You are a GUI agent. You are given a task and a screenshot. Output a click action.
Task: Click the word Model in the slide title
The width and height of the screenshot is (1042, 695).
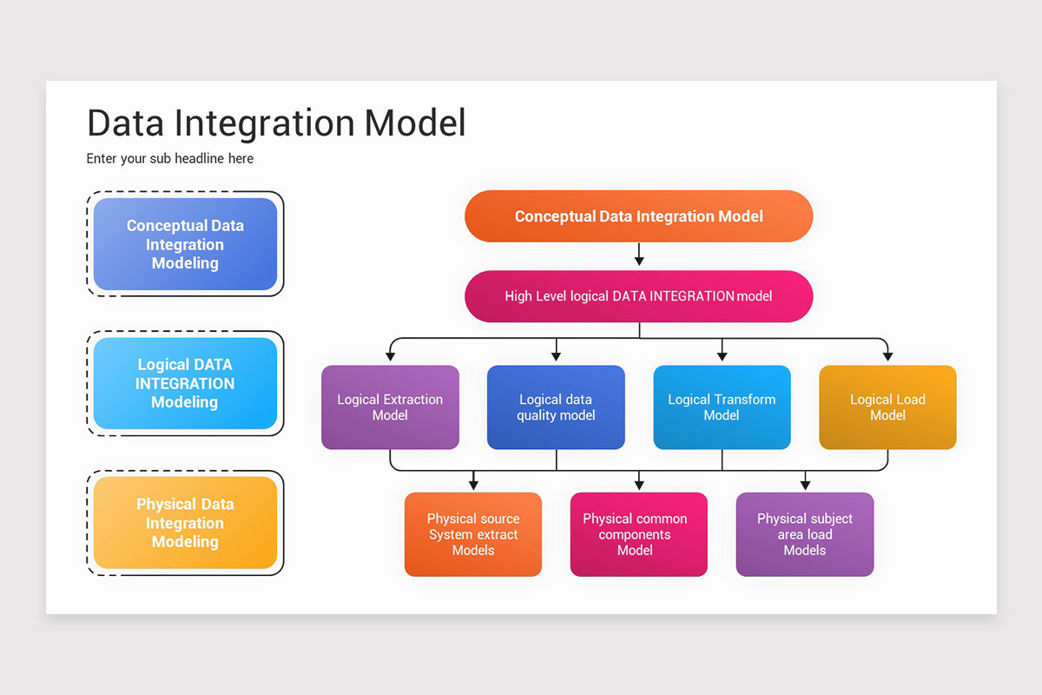coord(415,123)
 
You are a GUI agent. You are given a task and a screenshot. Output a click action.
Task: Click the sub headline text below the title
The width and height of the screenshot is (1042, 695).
coord(170,159)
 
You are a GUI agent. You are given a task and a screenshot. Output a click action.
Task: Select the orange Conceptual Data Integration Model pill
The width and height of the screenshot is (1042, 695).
coord(638,216)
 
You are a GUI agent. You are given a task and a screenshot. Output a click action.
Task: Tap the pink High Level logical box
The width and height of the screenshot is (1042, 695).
coord(638,296)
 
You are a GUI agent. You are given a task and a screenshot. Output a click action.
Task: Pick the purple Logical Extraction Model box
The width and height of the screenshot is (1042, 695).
coord(390,407)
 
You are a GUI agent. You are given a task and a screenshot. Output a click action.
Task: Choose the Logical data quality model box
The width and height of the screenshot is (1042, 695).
coord(556,407)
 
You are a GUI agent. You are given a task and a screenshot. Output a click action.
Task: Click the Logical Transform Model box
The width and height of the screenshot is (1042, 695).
coord(722,407)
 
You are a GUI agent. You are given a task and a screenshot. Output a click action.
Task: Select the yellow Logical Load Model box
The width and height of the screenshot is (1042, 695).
coord(887,407)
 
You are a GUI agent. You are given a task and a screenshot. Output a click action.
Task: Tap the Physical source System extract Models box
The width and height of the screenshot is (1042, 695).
coord(473,534)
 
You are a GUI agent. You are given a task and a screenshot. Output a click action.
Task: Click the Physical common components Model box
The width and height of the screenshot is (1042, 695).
coord(638,534)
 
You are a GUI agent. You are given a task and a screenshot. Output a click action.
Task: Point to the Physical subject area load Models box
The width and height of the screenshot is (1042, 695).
coord(805,534)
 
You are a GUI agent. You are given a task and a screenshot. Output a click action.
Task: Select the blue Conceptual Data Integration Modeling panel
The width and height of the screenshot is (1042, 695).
coord(185,244)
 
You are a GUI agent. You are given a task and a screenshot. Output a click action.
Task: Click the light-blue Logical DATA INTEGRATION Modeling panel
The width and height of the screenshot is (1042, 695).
coord(185,383)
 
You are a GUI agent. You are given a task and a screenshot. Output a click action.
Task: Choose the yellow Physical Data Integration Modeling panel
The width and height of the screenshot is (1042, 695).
coord(185,523)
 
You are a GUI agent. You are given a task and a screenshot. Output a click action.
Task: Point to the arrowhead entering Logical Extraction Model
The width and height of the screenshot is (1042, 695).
coord(390,355)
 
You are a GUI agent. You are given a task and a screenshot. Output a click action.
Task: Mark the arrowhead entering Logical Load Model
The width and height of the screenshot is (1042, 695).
coord(887,355)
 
